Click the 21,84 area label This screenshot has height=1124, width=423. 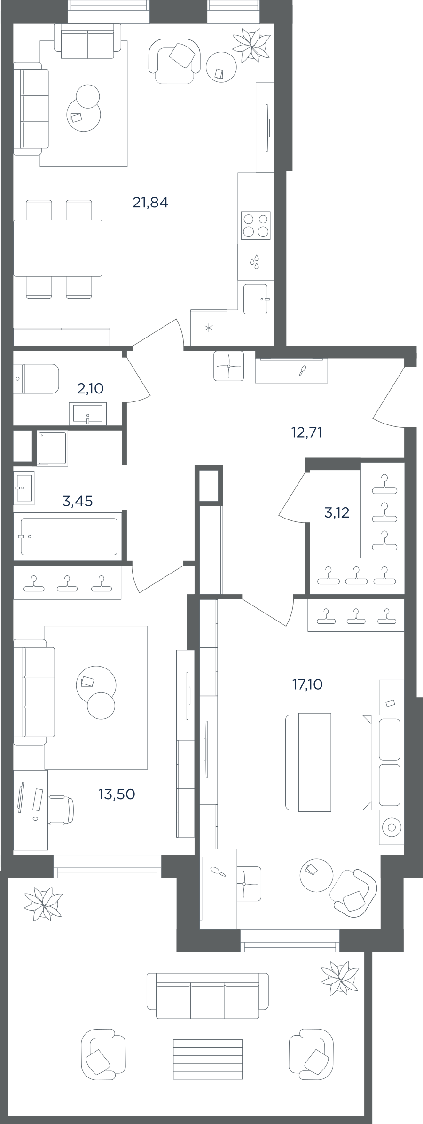150,203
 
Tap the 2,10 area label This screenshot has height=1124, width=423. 90,389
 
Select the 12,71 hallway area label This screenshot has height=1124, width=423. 307,432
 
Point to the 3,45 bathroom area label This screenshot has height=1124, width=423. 78,501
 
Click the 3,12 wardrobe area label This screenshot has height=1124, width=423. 337,512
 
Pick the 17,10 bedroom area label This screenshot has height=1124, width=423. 307,684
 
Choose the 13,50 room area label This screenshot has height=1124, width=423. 117,794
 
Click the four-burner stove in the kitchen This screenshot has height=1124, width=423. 256,225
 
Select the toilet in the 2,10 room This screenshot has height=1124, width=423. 36,378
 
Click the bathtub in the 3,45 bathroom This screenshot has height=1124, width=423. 70,536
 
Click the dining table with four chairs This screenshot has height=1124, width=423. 58,248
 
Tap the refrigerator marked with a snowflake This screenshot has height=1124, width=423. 209,328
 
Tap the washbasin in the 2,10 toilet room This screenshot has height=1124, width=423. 88,413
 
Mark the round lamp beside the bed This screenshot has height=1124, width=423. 392,827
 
